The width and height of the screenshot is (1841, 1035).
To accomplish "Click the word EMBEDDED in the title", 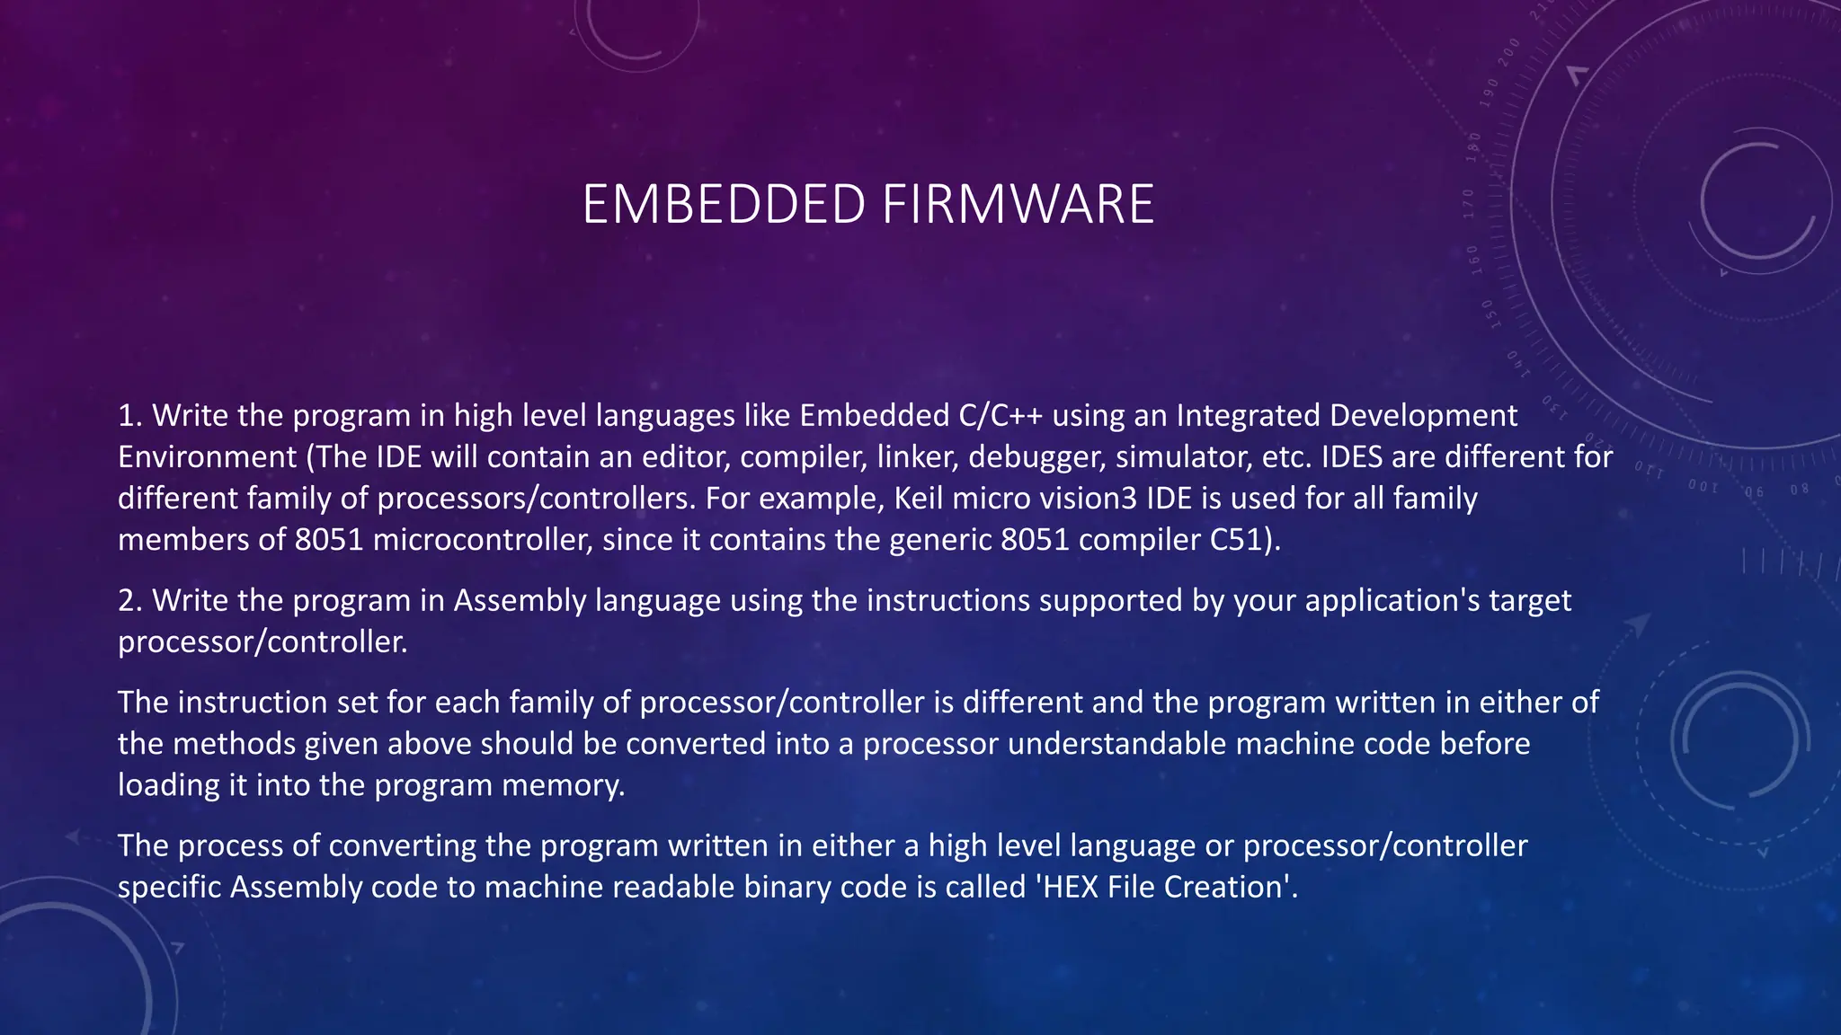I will (724, 204).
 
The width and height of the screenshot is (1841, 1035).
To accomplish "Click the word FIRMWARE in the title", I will (1018, 204).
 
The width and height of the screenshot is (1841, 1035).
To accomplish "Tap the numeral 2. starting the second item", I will (130, 600).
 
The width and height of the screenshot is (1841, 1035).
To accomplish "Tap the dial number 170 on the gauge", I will (1468, 204).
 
